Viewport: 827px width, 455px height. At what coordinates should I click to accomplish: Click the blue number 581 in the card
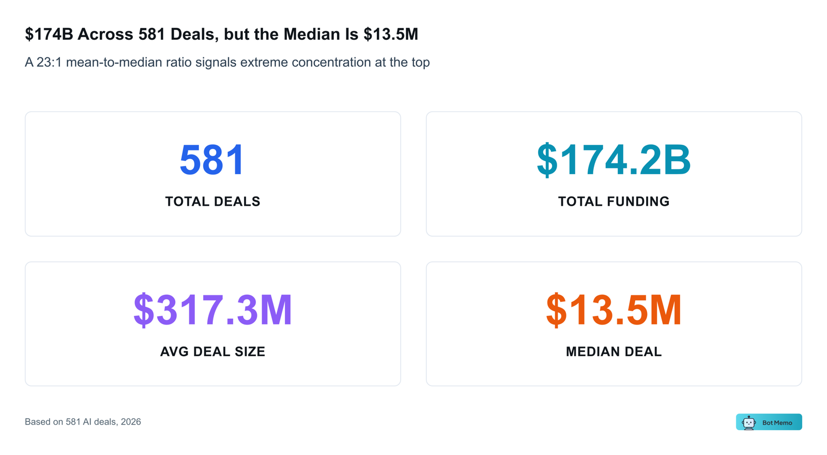(x=212, y=160)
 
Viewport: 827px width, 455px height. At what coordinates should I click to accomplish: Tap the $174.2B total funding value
(x=614, y=160)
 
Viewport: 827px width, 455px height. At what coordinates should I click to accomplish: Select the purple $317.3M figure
(x=212, y=310)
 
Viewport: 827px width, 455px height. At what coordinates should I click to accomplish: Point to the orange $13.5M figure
(x=614, y=310)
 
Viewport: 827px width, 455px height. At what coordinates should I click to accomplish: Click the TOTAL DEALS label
(x=212, y=202)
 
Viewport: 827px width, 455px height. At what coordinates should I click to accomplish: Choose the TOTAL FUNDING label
(x=614, y=202)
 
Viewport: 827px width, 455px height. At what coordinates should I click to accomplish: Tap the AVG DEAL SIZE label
(x=212, y=352)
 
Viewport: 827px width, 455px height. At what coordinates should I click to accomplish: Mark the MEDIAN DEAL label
(x=614, y=352)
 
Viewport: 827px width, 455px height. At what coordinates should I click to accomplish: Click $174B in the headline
(x=49, y=34)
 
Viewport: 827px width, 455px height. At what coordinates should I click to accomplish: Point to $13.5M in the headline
(x=391, y=34)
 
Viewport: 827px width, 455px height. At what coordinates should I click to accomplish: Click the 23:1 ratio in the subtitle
(x=49, y=63)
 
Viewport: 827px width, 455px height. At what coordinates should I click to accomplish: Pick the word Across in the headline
(x=106, y=34)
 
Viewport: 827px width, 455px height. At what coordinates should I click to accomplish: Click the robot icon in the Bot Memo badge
(x=748, y=422)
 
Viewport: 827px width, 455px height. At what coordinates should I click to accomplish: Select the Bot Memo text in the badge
(x=777, y=423)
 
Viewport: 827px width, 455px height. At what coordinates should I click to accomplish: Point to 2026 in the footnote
(x=131, y=422)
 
